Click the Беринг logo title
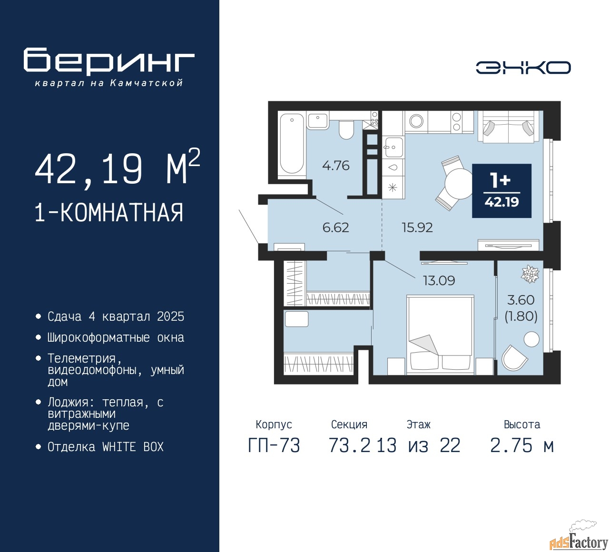click(x=109, y=61)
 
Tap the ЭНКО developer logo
click(x=523, y=68)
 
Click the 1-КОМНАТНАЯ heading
click(x=109, y=213)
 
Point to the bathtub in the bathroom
click(x=291, y=143)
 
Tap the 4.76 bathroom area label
click(x=335, y=166)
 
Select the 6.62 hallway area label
click(x=335, y=227)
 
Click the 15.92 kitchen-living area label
click(x=417, y=227)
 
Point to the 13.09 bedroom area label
click(x=439, y=281)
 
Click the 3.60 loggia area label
click(x=521, y=300)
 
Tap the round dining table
click(x=459, y=184)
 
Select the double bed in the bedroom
click(x=440, y=333)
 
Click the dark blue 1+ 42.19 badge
click(x=501, y=191)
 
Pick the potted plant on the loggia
click(x=530, y=274)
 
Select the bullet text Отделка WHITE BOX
click(x=106, y=447)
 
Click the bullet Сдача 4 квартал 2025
click(x=116, y=317)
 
